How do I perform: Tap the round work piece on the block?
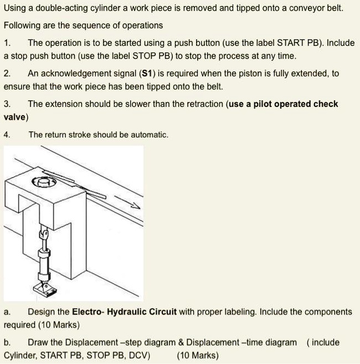(45, 181)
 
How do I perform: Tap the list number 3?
(7, 104)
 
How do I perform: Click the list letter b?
(7, 342)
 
